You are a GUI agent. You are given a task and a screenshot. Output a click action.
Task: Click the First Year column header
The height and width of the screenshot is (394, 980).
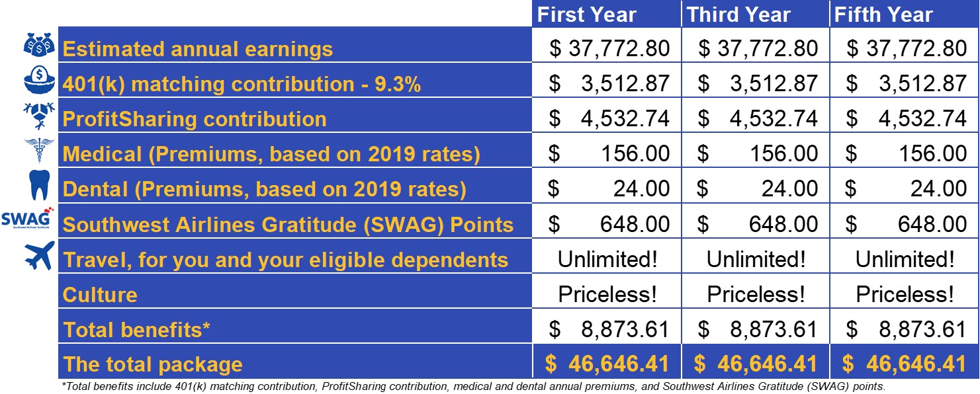pos(586,15)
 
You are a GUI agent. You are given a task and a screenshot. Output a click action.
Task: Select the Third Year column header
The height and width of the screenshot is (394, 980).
pos(738,15)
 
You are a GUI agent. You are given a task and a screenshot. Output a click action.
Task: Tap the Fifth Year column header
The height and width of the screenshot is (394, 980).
pos(883,15)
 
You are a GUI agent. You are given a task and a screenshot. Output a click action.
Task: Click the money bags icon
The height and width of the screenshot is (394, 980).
pos(39,44)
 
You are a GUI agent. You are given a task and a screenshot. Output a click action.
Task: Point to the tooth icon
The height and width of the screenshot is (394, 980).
pos(39,185)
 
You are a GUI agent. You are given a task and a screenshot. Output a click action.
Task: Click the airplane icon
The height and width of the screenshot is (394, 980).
pos(40,255)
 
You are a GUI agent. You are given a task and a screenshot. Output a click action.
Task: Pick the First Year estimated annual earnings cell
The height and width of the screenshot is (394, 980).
pos(609,48)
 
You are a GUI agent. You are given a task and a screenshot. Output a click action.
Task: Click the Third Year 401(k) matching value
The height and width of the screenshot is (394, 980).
pos(757,83)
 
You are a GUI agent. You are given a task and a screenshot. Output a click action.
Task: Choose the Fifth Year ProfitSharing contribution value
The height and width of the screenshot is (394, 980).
pos(906,118)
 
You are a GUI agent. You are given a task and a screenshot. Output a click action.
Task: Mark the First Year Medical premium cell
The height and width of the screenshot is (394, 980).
pos(609,153)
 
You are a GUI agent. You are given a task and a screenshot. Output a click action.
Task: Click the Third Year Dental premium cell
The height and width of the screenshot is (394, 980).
pos(757,188)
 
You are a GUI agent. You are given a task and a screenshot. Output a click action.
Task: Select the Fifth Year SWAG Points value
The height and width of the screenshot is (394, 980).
pos(906,224)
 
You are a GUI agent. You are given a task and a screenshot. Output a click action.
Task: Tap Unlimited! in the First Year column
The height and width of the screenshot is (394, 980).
pos(607,259)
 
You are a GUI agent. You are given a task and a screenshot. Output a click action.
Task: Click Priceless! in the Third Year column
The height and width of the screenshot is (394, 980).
pos(756,294)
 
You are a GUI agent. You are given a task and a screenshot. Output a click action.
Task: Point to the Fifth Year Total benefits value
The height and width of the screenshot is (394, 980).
pos(906,329)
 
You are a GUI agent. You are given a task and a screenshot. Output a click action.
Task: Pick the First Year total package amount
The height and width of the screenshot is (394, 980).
pos(607,364)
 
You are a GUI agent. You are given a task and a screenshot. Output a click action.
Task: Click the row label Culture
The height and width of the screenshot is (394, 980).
pos(100,295)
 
